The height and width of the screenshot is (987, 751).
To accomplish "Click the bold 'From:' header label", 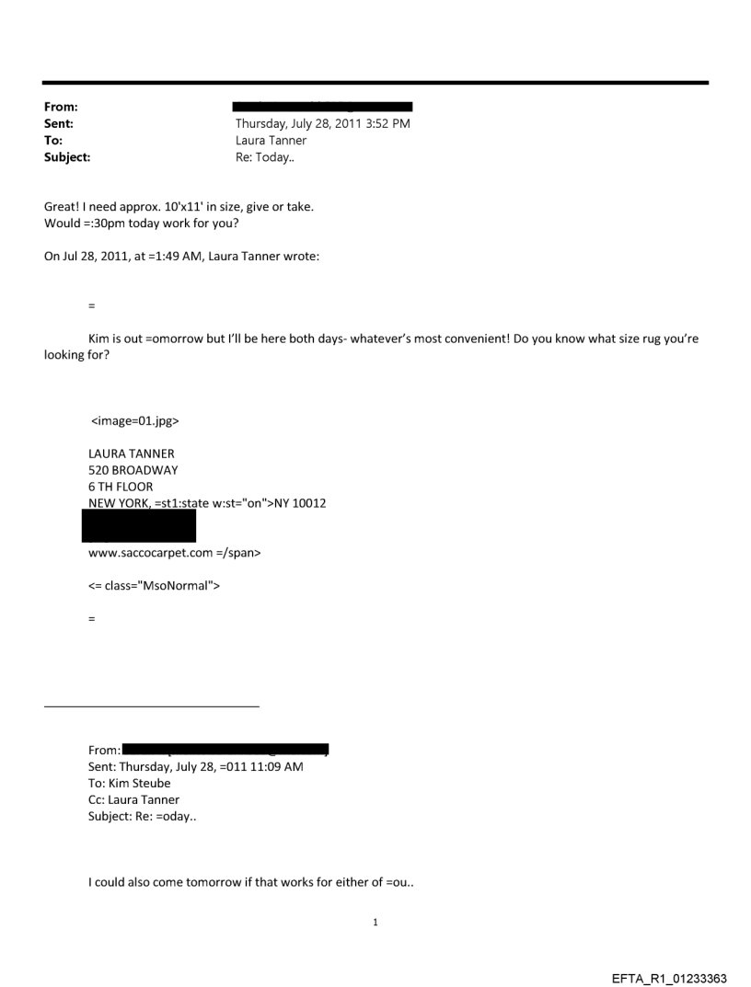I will tap(61, 108).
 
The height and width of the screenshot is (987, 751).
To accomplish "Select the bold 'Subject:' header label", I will tap(67, 157).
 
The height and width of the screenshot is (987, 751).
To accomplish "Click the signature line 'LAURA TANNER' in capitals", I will tap(132, 453).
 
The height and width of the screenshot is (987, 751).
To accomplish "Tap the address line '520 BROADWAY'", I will tap(133, 470).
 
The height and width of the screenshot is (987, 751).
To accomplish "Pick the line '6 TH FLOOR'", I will tap(121, 487).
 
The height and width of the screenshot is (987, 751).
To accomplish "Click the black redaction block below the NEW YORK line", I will tap(139, 526).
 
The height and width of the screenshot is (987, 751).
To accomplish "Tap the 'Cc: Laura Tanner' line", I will tap(134, 799).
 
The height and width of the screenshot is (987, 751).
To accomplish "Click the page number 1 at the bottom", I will tap(375, 923).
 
